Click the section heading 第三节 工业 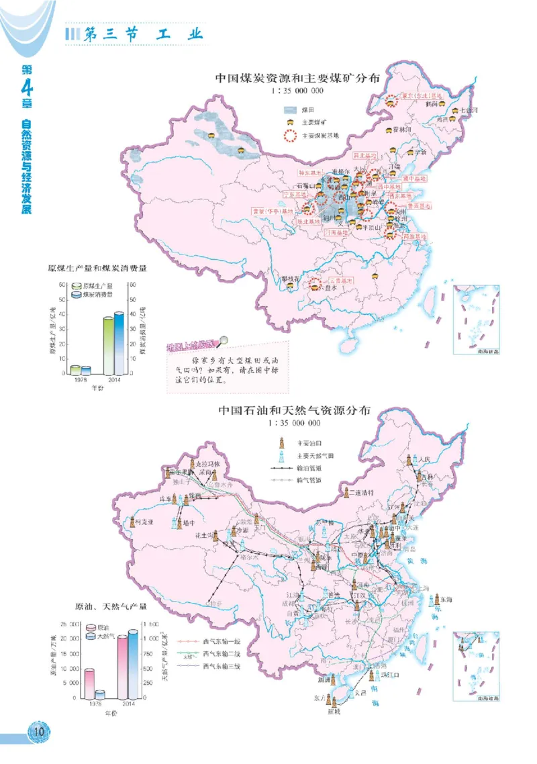coord(141,35)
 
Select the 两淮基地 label coord(416,237)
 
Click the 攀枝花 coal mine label coord(290,277)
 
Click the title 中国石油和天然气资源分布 coord(293,411)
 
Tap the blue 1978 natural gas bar coord(100,695)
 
